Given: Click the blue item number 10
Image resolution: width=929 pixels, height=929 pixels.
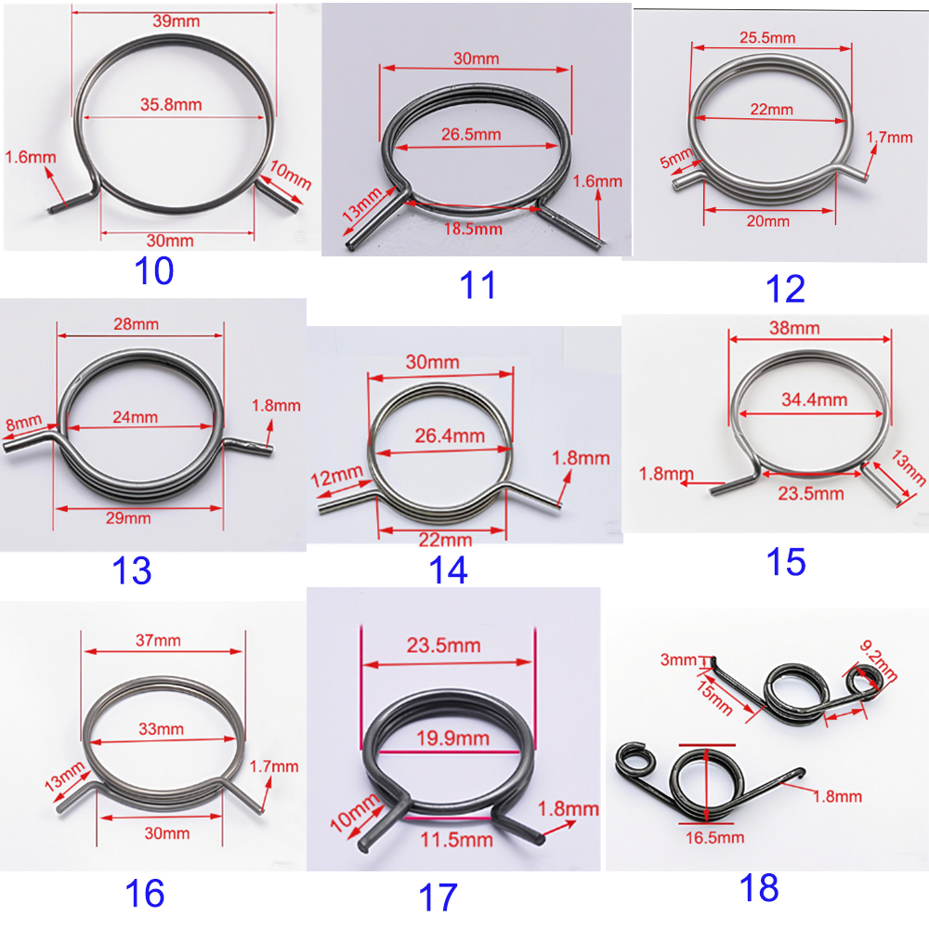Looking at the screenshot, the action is [154, 270].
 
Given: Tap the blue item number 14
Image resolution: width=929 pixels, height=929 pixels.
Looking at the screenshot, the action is [448, 570].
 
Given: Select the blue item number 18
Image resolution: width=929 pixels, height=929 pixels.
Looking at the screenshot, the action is [759, 887].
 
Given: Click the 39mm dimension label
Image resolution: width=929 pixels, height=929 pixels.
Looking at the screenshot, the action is [176, 21].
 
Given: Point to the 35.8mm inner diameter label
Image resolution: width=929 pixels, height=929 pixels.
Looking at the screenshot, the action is [171, 105].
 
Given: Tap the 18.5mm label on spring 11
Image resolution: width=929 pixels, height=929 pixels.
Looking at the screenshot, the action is [473, 229].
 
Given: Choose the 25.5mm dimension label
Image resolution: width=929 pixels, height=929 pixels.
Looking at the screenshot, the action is [767, 38].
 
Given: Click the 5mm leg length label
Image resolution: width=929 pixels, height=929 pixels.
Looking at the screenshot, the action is [676, 158].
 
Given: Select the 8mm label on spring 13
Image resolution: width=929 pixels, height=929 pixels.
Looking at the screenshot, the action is [24, 423].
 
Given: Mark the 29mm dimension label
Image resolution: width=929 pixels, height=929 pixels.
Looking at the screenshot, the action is [128, 517].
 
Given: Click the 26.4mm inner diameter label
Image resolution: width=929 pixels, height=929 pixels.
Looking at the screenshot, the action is [450, 436].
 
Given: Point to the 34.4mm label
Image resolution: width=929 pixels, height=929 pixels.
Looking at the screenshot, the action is [814, 399].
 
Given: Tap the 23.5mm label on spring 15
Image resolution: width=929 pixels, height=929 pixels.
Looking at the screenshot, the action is [810, 493].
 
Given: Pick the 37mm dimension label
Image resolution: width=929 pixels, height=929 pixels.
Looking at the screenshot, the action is [158, 640].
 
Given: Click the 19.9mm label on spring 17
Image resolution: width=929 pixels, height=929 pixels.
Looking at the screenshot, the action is [452, 739].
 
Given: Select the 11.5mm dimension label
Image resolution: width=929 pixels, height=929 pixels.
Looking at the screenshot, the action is [456, 840].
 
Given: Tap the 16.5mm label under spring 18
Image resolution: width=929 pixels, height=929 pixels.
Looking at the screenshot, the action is [714, 838].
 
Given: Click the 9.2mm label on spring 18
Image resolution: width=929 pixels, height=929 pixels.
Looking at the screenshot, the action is [879, 661].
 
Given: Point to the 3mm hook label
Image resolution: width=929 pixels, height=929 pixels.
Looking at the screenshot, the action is [678, 660].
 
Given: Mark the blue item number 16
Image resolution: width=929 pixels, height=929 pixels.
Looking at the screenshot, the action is [145, 894].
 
